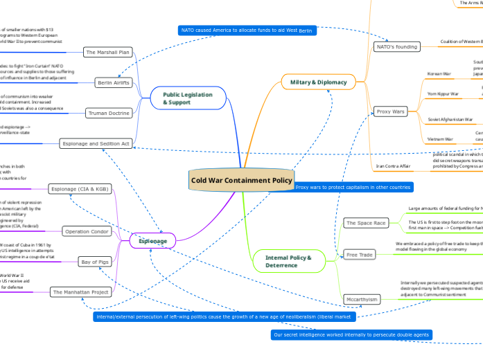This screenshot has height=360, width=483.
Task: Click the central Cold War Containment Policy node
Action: click(242, 181)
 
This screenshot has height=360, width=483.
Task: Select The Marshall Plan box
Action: click(107, 52)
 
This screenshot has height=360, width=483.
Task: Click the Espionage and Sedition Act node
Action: click(96, 143)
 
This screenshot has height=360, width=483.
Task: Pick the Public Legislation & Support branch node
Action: click(187, 98)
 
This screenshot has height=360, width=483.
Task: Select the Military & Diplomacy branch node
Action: click(313, 82)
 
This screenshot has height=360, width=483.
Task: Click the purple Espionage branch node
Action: click(156, 241)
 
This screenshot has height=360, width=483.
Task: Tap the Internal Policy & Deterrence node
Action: click(289, 261)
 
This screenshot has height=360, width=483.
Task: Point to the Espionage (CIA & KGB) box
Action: click(79, 188)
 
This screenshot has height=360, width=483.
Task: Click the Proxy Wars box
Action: click(390, 111)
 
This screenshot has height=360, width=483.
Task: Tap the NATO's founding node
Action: click(396, 46)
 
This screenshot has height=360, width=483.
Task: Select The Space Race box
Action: click(366, 222)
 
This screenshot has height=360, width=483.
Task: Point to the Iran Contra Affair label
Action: click(394, 166)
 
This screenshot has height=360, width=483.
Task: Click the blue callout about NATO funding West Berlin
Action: click(247, 30)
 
